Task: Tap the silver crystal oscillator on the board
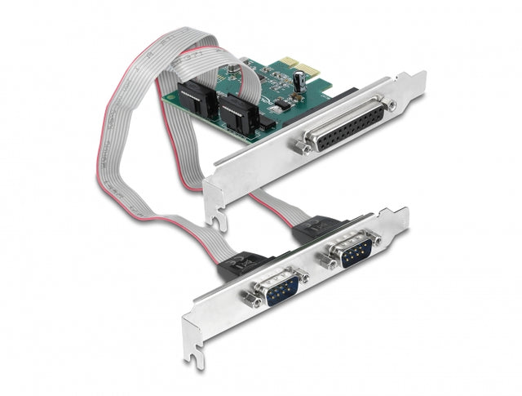coord(237,69)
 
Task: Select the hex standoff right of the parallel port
coord(392,105)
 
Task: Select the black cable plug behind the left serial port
coord(244,263)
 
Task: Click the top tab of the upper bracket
coord(415,80)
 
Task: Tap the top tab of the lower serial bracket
coord(399,216)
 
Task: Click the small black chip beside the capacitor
coord(282,105)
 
